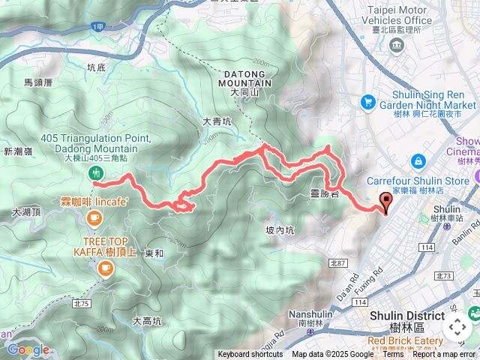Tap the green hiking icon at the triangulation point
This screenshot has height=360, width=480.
[96, 173]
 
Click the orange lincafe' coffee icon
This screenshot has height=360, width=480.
[93, 217]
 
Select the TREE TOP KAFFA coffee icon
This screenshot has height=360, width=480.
[105, 268]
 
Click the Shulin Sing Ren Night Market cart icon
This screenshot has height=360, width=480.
[367, 100]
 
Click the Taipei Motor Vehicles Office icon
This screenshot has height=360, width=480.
[395, 46]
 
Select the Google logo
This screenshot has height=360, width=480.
[28, 349]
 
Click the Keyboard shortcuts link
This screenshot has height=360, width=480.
[251, 355]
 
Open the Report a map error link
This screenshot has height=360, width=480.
[444, 355]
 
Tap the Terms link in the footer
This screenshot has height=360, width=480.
[394, 355]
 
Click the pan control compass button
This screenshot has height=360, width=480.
[457, 327]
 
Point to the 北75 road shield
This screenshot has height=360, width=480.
[82, 304]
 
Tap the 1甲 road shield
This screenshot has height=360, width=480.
[97, 27]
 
